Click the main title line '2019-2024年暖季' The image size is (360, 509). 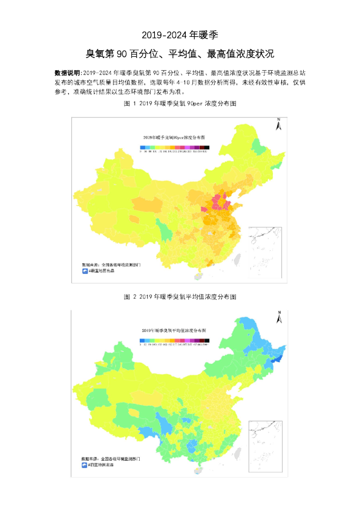[x=180, y=34]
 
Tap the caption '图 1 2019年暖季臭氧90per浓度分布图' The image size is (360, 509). [x=180, y=104]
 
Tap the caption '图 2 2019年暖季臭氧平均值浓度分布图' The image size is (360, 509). [x=180, y=297]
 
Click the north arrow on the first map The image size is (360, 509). [x=278, y=125]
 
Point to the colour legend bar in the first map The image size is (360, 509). [x=173, y=147]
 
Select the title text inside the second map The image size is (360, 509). [x=173, y=331]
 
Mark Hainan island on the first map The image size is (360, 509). [x=195, y=275]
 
